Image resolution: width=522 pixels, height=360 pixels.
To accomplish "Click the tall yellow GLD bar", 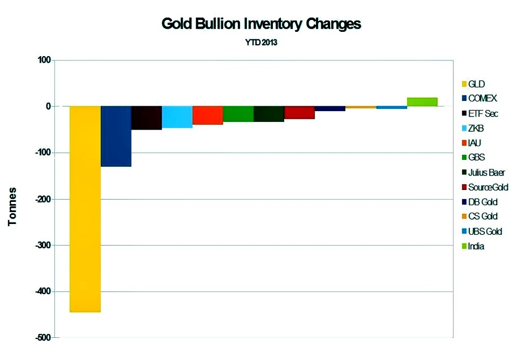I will pos(85,209).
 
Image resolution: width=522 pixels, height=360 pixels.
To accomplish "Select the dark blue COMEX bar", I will pos(116,136).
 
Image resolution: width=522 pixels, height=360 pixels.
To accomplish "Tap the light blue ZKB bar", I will pos(177,117).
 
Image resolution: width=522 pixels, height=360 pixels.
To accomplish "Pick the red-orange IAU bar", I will pos(208,115).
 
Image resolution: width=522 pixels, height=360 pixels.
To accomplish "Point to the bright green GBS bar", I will pos(238,114).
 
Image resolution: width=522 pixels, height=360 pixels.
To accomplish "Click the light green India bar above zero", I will pos(422,102).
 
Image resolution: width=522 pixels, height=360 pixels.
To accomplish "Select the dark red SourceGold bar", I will pos(299,112).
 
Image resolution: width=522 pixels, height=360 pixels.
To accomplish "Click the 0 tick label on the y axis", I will pos(48,107).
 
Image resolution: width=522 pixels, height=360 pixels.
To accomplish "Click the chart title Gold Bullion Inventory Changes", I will pos(261,24).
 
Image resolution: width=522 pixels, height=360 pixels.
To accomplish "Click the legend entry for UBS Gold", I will pos(485,232).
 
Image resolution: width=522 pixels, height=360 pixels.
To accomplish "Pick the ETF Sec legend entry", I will pos(483,114).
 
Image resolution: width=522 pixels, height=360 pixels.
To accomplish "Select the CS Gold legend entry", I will pos(483,217).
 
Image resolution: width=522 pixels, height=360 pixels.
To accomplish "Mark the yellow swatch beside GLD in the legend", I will pos(463,84).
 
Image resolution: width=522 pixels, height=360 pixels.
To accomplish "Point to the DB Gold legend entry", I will pos(483,202).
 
